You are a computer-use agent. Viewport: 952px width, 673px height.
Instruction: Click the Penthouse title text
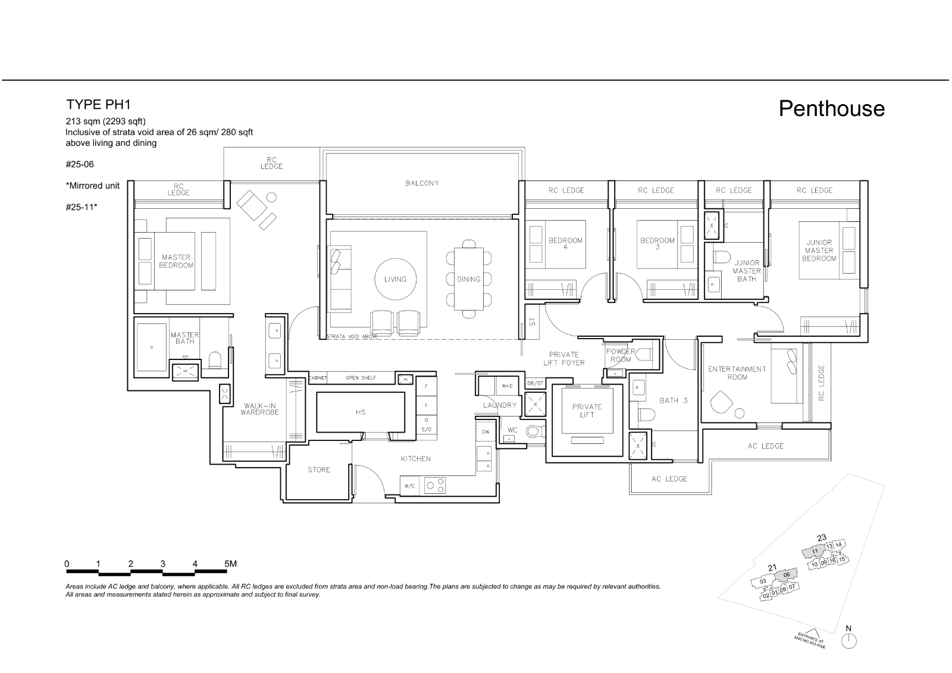[831, 109]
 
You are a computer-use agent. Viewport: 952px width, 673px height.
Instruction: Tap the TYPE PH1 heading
[98, 105]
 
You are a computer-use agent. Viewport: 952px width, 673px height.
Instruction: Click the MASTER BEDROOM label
[176, 261]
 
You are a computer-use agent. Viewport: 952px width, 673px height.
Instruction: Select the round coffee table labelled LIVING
[395, 279]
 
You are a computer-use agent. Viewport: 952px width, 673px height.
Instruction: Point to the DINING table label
[468, 279]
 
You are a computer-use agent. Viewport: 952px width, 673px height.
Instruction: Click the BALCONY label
[422, 183]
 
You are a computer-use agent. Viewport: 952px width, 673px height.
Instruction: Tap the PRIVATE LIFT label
[587, 411]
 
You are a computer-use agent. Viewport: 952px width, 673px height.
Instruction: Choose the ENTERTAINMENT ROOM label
[737, 373]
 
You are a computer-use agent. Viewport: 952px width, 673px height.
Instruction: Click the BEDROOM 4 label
[565, 243]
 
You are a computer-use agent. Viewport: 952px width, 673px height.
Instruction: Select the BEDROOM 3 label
[657, 243]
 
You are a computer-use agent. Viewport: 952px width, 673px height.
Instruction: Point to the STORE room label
[319, 470]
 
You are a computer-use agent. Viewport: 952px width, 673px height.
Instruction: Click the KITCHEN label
[415, 459]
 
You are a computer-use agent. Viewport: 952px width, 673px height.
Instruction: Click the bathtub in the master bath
[152, 347]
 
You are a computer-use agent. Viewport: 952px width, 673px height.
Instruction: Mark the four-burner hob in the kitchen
[435, 485]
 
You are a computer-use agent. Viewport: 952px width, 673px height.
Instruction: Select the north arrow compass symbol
[848, 640]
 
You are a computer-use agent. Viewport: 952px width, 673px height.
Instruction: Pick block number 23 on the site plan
[821, 538]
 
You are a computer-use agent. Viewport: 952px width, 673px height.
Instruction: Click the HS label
[360, 412]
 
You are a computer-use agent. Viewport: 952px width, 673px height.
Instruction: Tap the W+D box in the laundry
[507, 386]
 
